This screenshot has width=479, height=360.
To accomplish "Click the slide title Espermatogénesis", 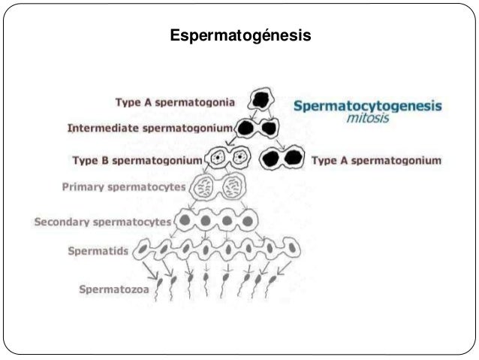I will (x=239, y=35).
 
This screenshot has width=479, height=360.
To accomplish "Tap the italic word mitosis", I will (x=368, y=118).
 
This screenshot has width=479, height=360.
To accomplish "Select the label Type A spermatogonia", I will (x=174, y=101).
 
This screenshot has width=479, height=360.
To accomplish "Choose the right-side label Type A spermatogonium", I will (x=376, y=160).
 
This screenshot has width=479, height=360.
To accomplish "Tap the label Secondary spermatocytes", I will (x=102, y=222).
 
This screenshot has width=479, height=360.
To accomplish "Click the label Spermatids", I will (x=98, y=250).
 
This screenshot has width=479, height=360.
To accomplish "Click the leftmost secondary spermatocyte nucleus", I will (x=185, y=222).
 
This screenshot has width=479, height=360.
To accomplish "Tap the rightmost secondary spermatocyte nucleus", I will (x=247, y=222).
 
